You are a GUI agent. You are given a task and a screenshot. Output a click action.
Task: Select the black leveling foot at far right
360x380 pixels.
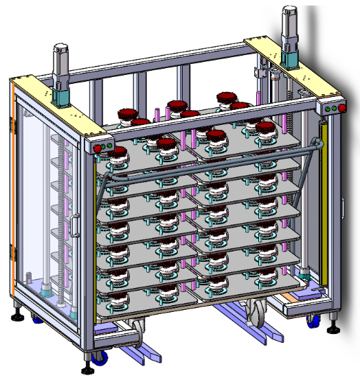tap(334, 324)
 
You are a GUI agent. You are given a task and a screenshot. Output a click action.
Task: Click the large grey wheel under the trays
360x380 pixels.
tap(255, 315)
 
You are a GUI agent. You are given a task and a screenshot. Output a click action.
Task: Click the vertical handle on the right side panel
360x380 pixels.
tap(344, 206)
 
